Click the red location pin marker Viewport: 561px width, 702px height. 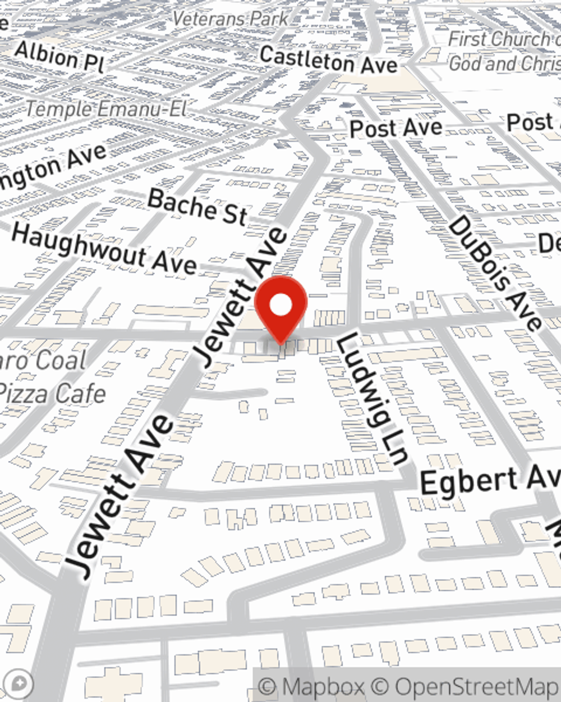point(280,307)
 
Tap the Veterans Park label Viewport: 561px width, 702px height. point(230,19)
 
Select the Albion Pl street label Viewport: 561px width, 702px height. point(59,57)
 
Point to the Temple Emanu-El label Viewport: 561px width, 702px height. point(107,108)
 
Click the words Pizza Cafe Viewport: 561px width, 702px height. point(53,393)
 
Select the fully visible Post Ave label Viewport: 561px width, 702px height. point(396,128)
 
